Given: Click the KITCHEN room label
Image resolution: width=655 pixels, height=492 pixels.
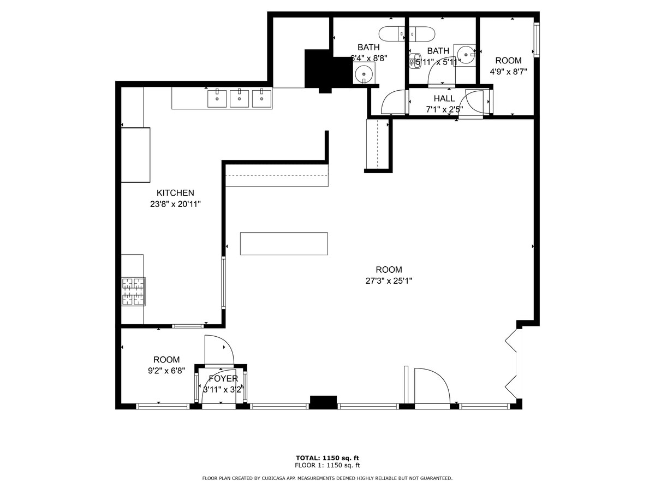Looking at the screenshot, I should (175, 193).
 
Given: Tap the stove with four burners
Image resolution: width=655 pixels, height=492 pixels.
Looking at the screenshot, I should (133, 291).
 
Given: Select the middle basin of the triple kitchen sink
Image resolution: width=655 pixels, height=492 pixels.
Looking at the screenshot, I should (239, 99).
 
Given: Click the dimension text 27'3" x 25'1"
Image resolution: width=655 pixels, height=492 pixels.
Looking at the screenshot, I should (389, 281).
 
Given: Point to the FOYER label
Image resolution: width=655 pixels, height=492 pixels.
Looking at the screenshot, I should (223, 379).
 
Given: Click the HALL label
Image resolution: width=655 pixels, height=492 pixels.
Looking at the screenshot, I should (444, 98).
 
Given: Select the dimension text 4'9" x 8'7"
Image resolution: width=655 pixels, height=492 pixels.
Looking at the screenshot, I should (508, 72).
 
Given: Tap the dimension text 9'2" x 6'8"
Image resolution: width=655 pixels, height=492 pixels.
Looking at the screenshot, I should (166, 371).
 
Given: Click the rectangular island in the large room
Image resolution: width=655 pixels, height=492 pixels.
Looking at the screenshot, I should (284, 244).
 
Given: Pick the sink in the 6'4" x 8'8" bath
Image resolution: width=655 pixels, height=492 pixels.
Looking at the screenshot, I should (364, 73).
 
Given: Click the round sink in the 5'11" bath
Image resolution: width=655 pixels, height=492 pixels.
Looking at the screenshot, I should (465, 54).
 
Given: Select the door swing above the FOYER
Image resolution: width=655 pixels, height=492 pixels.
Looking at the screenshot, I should (219, 350).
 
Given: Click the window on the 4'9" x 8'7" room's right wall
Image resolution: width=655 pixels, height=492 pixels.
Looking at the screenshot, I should (537, 40).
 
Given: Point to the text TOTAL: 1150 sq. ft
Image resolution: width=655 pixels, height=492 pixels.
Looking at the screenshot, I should (327, 458).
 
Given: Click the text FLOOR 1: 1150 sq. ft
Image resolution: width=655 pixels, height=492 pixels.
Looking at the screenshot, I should (327, 466).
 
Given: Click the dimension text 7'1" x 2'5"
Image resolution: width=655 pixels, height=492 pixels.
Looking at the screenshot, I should (444, 109).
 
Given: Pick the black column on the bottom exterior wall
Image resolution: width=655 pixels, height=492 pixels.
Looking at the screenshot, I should (323, 402).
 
